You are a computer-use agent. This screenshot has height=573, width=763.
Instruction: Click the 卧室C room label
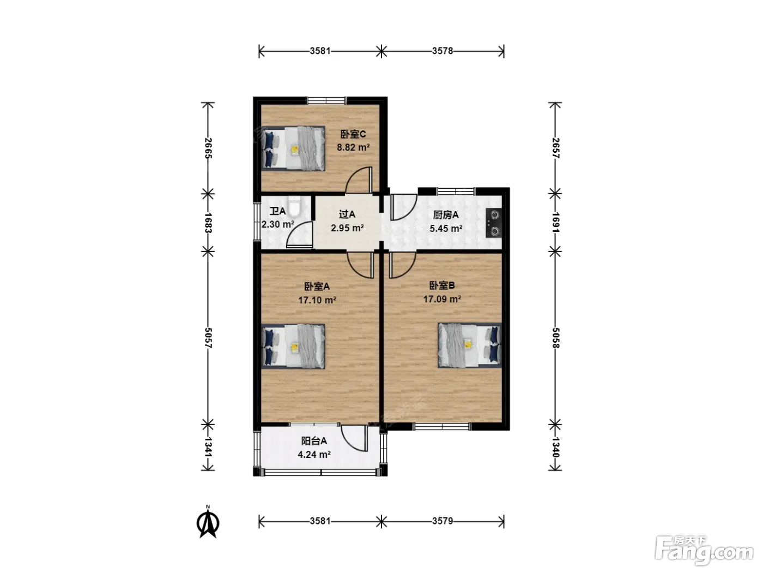[353, 134]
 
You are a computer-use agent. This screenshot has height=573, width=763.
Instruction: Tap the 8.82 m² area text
[353, 147]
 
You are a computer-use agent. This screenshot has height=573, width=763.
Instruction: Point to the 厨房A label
[446, 215]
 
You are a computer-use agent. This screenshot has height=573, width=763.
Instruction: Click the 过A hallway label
[347, 214]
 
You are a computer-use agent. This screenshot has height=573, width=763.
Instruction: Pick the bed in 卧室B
[470, 345]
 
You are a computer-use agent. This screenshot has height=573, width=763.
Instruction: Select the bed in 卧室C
[293, 148]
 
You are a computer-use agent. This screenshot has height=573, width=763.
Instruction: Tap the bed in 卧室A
[293, 347]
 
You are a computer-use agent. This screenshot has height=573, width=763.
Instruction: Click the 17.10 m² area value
[317, 300]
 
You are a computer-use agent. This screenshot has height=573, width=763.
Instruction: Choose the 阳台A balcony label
[314, 441]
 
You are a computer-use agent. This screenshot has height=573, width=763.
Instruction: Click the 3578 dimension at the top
[443, 51]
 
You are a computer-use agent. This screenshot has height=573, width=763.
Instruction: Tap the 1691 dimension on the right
[555, 222]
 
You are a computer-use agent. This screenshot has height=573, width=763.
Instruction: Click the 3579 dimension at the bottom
[443, 521]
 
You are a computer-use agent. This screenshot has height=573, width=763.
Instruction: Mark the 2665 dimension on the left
[208, 148]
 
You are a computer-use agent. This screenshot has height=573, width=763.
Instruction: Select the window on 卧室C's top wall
[326, 100]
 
